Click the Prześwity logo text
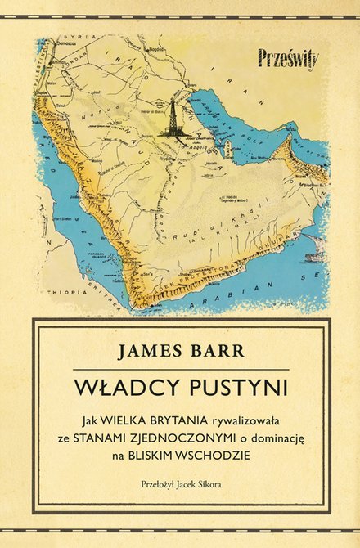point(288,58)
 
